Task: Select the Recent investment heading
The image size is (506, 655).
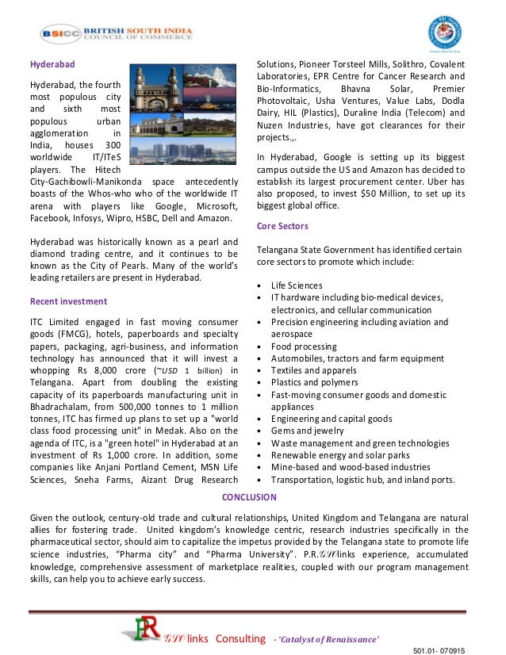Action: [x=68, y=301]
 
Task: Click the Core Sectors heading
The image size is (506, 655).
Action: [x=283, y=226]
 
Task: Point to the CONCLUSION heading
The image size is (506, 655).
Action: [x=249, y=497]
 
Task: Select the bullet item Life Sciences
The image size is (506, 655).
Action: [x=297, y=285]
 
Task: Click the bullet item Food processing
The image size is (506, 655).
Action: [x=304, y=347]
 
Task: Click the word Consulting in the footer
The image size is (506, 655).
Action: [x=240, y=638]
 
